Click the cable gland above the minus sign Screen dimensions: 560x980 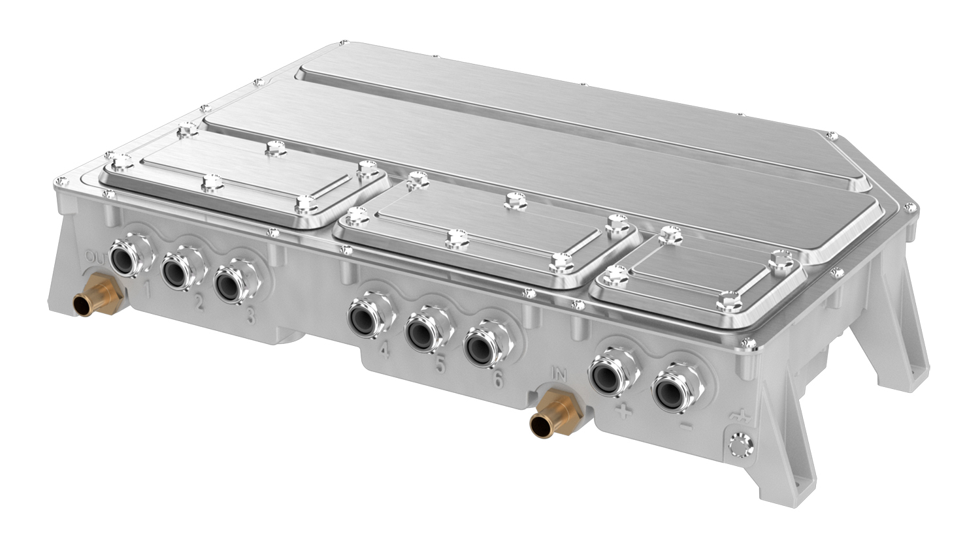pyautogui.click(x=672, y=392)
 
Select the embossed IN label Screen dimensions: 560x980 pyautogui.click(x=559, y=373)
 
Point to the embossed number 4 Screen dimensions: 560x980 pyautogui.click(x=384, y=352)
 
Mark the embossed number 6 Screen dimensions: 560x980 pyautogui.click(x=498, y=379)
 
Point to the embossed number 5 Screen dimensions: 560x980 pyautogui.click(x=440, y=366)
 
